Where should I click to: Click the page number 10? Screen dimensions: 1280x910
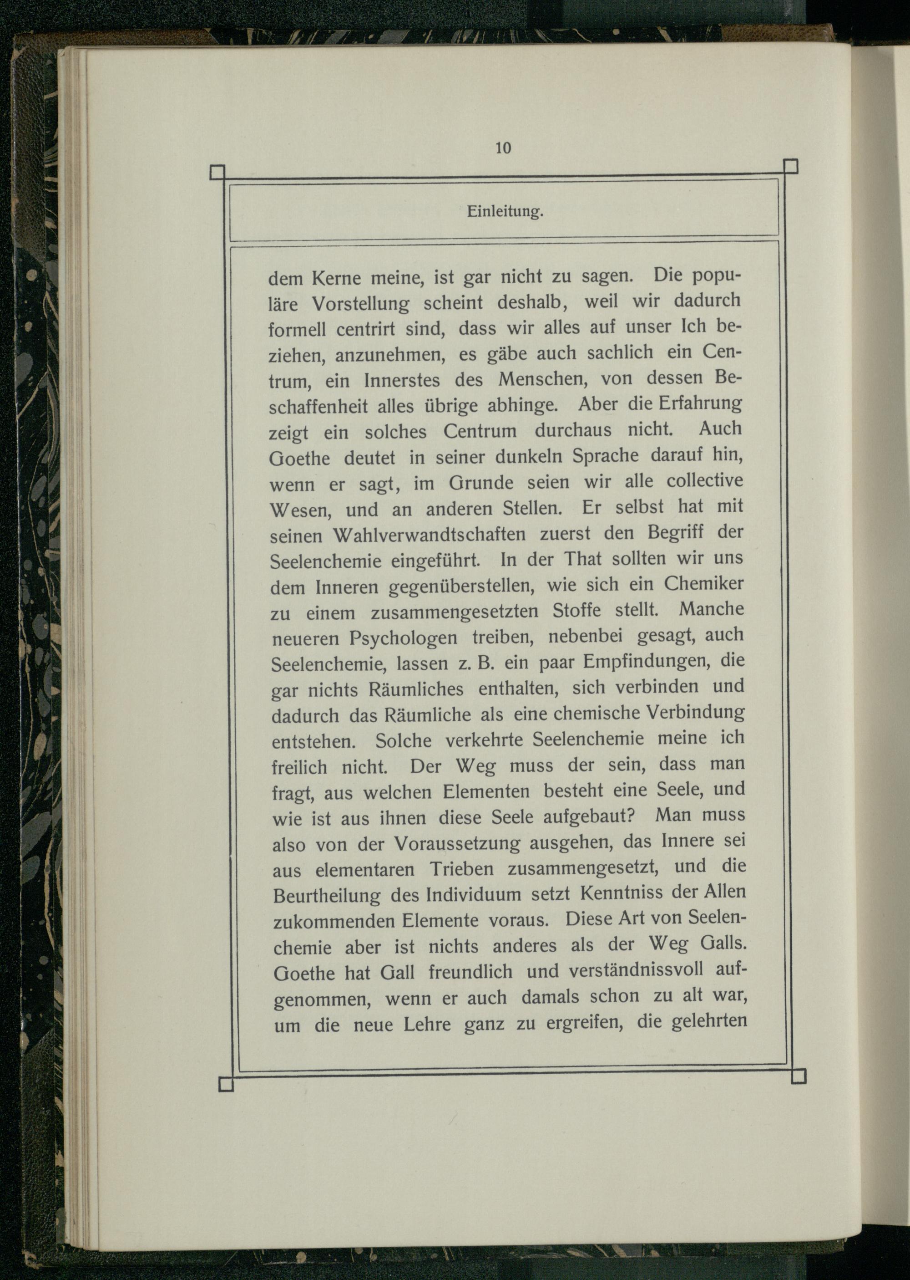pos(503,148)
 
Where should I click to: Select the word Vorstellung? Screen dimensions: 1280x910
pos(360,304)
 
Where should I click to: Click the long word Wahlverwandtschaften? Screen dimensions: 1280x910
pos(429,534)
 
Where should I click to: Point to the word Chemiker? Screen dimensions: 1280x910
pos(704,584)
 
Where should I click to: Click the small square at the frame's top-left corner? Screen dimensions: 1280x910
pos(217,172)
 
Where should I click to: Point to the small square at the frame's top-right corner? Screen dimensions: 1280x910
pos(790,167)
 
